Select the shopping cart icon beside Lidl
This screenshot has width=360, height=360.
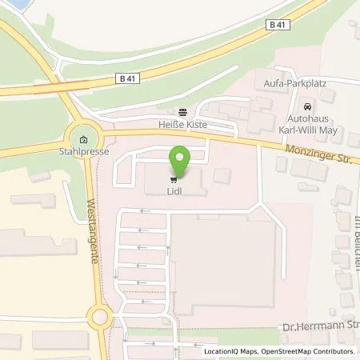(x=171, y=179)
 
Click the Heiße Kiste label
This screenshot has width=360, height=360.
(x=183, y=126)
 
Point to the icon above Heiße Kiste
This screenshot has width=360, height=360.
(x=183, y=113)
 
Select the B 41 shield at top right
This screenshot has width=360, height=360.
(x=278, y=26)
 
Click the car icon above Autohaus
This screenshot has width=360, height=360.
(x=306, y=107)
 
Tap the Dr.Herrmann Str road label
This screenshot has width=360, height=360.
(x=320, y=327)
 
